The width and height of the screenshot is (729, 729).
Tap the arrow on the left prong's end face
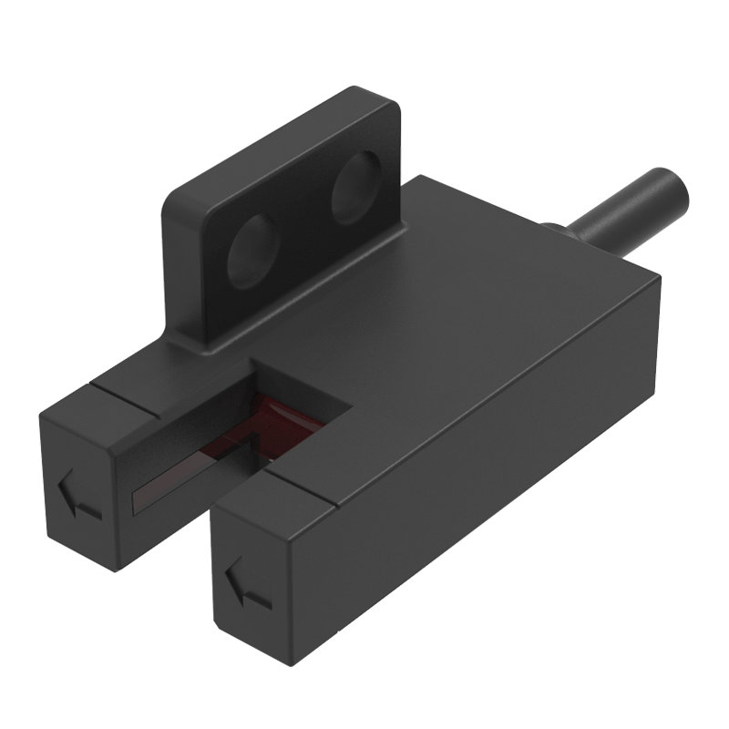(x=76, y=498)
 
